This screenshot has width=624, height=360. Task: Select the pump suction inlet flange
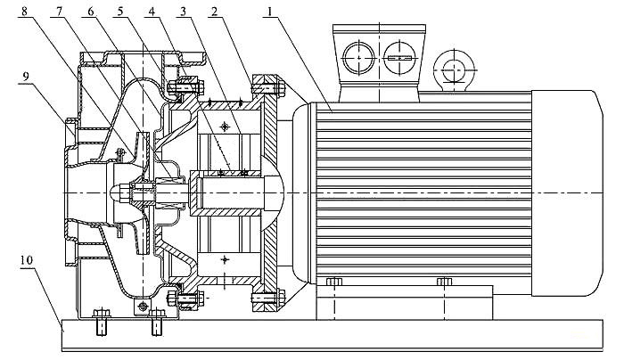68,192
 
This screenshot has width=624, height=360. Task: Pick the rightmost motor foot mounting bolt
443,283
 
